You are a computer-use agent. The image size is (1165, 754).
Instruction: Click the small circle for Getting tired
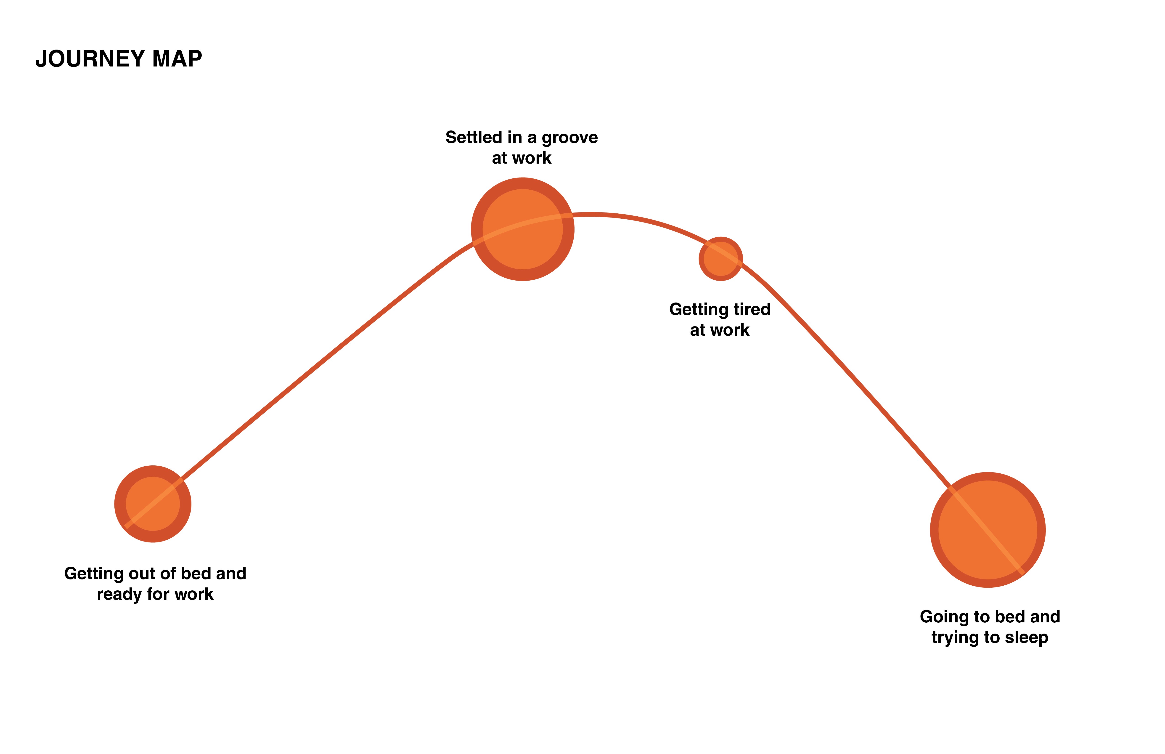pyautogui.click(x=720, y=259)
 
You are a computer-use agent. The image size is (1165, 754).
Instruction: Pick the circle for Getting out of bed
pyautogui.click(x=153, y=504)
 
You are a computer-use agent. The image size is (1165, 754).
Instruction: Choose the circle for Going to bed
pyautogui.click(x=988, y=530)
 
